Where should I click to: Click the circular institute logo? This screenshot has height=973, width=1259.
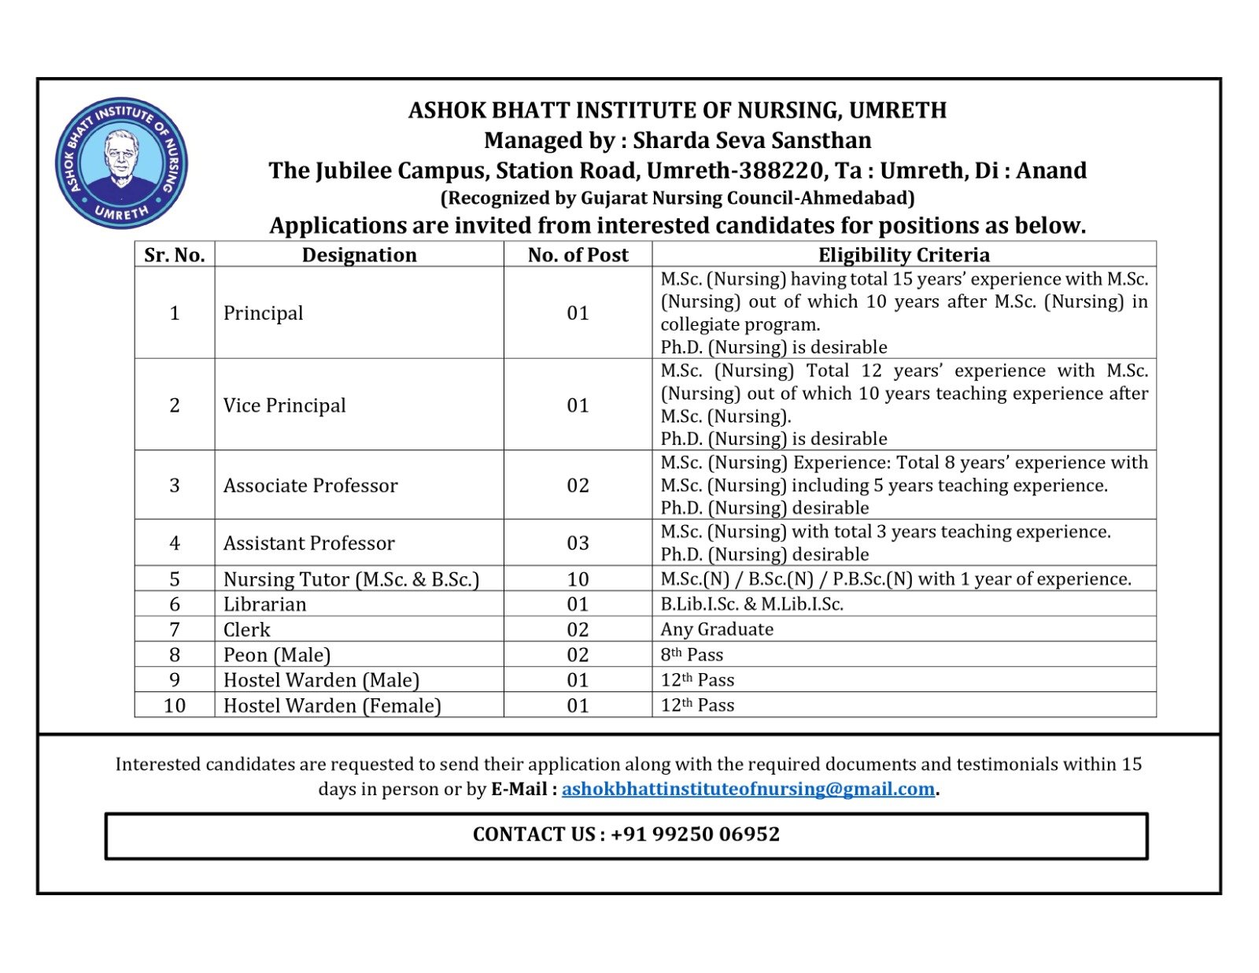[121, 163]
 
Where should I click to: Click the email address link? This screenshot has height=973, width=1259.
[748, 789]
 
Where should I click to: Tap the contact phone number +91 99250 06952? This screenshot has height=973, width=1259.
[695, 834]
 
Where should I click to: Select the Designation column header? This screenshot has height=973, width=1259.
[359, 254]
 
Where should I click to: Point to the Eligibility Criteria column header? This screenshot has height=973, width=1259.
[903, 254]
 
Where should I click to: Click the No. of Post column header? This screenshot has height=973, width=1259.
[578, 254]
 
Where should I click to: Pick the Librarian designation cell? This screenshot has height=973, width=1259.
[265, 604]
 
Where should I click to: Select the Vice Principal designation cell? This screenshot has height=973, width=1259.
[285, 405]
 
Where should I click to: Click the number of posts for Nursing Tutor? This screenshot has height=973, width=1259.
[578, 579]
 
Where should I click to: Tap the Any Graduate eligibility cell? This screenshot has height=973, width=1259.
[717, 629]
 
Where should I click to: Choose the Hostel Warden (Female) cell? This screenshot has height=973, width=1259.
[332, 705]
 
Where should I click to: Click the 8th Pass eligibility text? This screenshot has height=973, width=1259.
[692, 655]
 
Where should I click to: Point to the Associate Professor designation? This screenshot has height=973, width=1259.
[311, 486]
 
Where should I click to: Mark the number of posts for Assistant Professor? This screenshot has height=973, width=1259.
[578, 543]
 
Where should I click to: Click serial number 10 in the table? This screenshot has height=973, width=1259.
[175, 705]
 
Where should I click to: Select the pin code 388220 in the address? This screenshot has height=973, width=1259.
[778, 171]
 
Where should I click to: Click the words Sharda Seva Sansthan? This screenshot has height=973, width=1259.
[751, 140]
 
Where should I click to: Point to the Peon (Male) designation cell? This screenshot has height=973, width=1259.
[277, 655]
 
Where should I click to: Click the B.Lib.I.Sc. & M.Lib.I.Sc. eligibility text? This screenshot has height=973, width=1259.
[751, 604]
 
